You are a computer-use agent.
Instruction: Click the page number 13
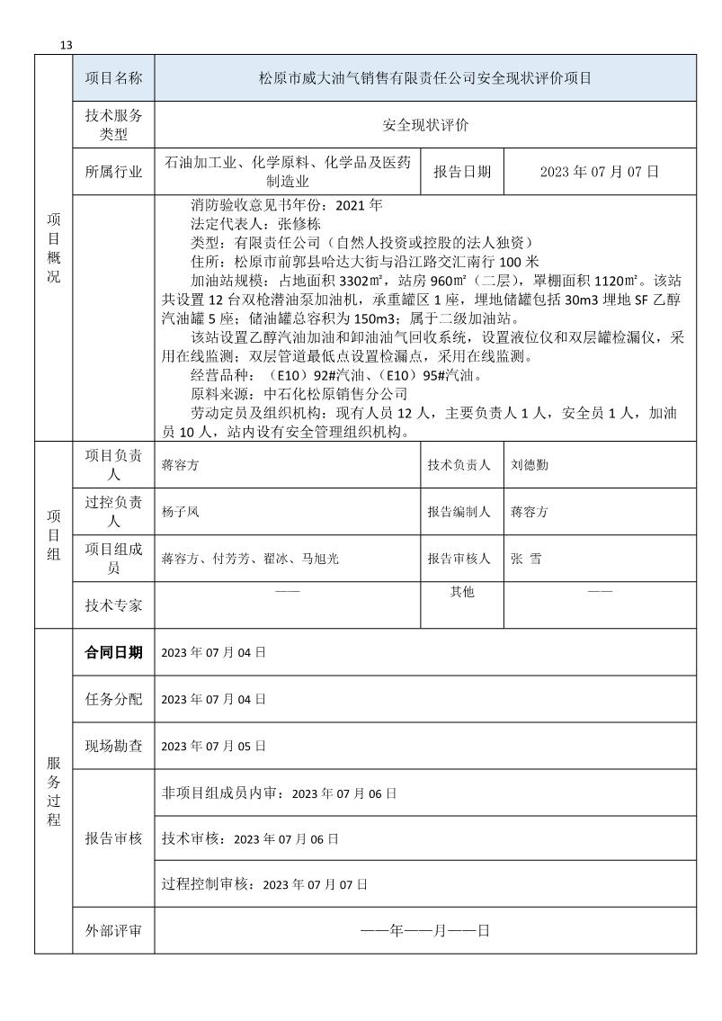(66, 46)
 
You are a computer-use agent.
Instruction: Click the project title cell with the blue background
(425, 78)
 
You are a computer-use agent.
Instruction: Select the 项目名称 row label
(113, 78)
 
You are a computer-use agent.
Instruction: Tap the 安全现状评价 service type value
(425, 125)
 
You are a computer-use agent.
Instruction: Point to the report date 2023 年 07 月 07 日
(600, 172)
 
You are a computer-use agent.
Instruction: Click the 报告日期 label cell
(462, 172)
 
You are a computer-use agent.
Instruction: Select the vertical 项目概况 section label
(53, 247)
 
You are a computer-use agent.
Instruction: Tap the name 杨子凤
(180, 512)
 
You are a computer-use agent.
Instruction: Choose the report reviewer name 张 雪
(526, 559)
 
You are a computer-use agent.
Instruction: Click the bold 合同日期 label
(113, 652)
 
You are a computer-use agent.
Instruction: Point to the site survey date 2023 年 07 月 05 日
(213, 746)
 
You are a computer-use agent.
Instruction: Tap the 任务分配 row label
(113, 699)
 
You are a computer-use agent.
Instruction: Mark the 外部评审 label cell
(113, 931)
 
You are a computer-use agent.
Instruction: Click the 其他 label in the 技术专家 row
(462, 592)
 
